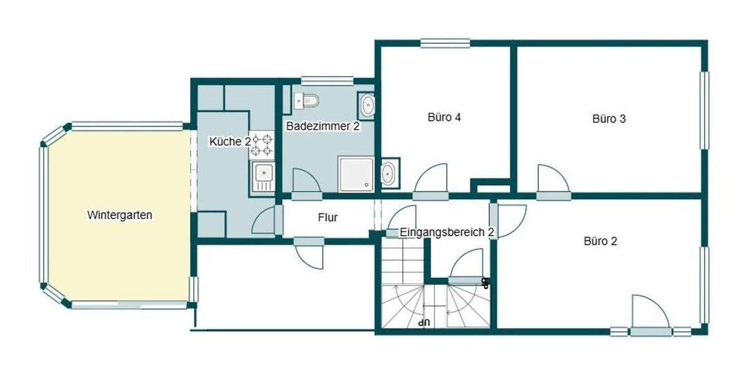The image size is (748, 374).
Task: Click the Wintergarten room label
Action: pos(120,216)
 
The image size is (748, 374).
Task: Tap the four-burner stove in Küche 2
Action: pos(262,144)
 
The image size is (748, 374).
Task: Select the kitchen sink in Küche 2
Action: pos(263,175)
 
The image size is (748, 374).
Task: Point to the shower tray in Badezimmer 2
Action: pos(356,173)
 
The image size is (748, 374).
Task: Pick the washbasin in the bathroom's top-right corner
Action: pos(367,105)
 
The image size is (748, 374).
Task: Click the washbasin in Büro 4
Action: pos(389,173)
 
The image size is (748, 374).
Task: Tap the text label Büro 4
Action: pos(444,117)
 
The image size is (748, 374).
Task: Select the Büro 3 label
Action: pos(608,118)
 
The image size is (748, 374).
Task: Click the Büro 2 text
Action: pos(600,241)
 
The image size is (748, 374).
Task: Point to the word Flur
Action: pos(328,218)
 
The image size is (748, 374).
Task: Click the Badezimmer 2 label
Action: pos(322,127)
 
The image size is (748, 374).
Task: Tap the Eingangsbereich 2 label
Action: pos(446,233)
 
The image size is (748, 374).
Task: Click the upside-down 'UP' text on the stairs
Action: pos(425,322)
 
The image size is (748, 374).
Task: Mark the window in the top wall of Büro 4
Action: pos(444,43)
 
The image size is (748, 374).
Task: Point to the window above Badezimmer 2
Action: pos(327,80)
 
